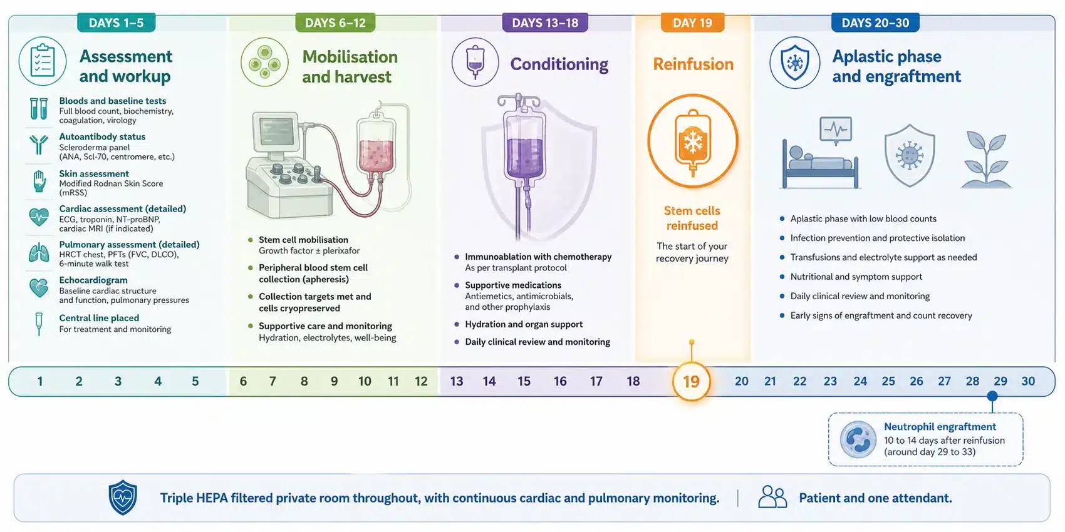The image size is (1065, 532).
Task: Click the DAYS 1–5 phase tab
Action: pyautogui.click(x=116, y=23)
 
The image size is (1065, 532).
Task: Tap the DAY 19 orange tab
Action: pyautogui.click(x=692, y=23)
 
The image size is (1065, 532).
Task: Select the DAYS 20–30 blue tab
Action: pyautogui.click(x=875, y=23)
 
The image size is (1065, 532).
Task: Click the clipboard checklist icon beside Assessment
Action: pyautogui.click(x=43, y=61)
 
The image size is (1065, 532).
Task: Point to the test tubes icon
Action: pyautogui.click(x=38, y=109)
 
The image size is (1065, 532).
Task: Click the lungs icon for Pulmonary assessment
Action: pyautogui.click(x=38, y=253)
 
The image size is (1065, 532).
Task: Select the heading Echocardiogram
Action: pyautogui.click(x=93, y=280)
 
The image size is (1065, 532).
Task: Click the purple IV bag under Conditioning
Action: pyautogui.click(x=524, y=146)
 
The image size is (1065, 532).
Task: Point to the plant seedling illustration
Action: pyautogui.click(x=987, y=159)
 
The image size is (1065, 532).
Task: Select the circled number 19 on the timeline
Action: pyautogui.click(x=691, y=381)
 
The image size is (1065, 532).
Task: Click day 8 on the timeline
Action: pyautogui.click(x=304, y=381)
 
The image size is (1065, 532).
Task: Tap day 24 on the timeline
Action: pyautogui.click(x=860, y=381)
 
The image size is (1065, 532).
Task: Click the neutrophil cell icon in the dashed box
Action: pyautogui.click(x=858, y=439)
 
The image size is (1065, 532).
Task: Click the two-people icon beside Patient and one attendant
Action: pyautogui.click(x=772, y=497)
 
